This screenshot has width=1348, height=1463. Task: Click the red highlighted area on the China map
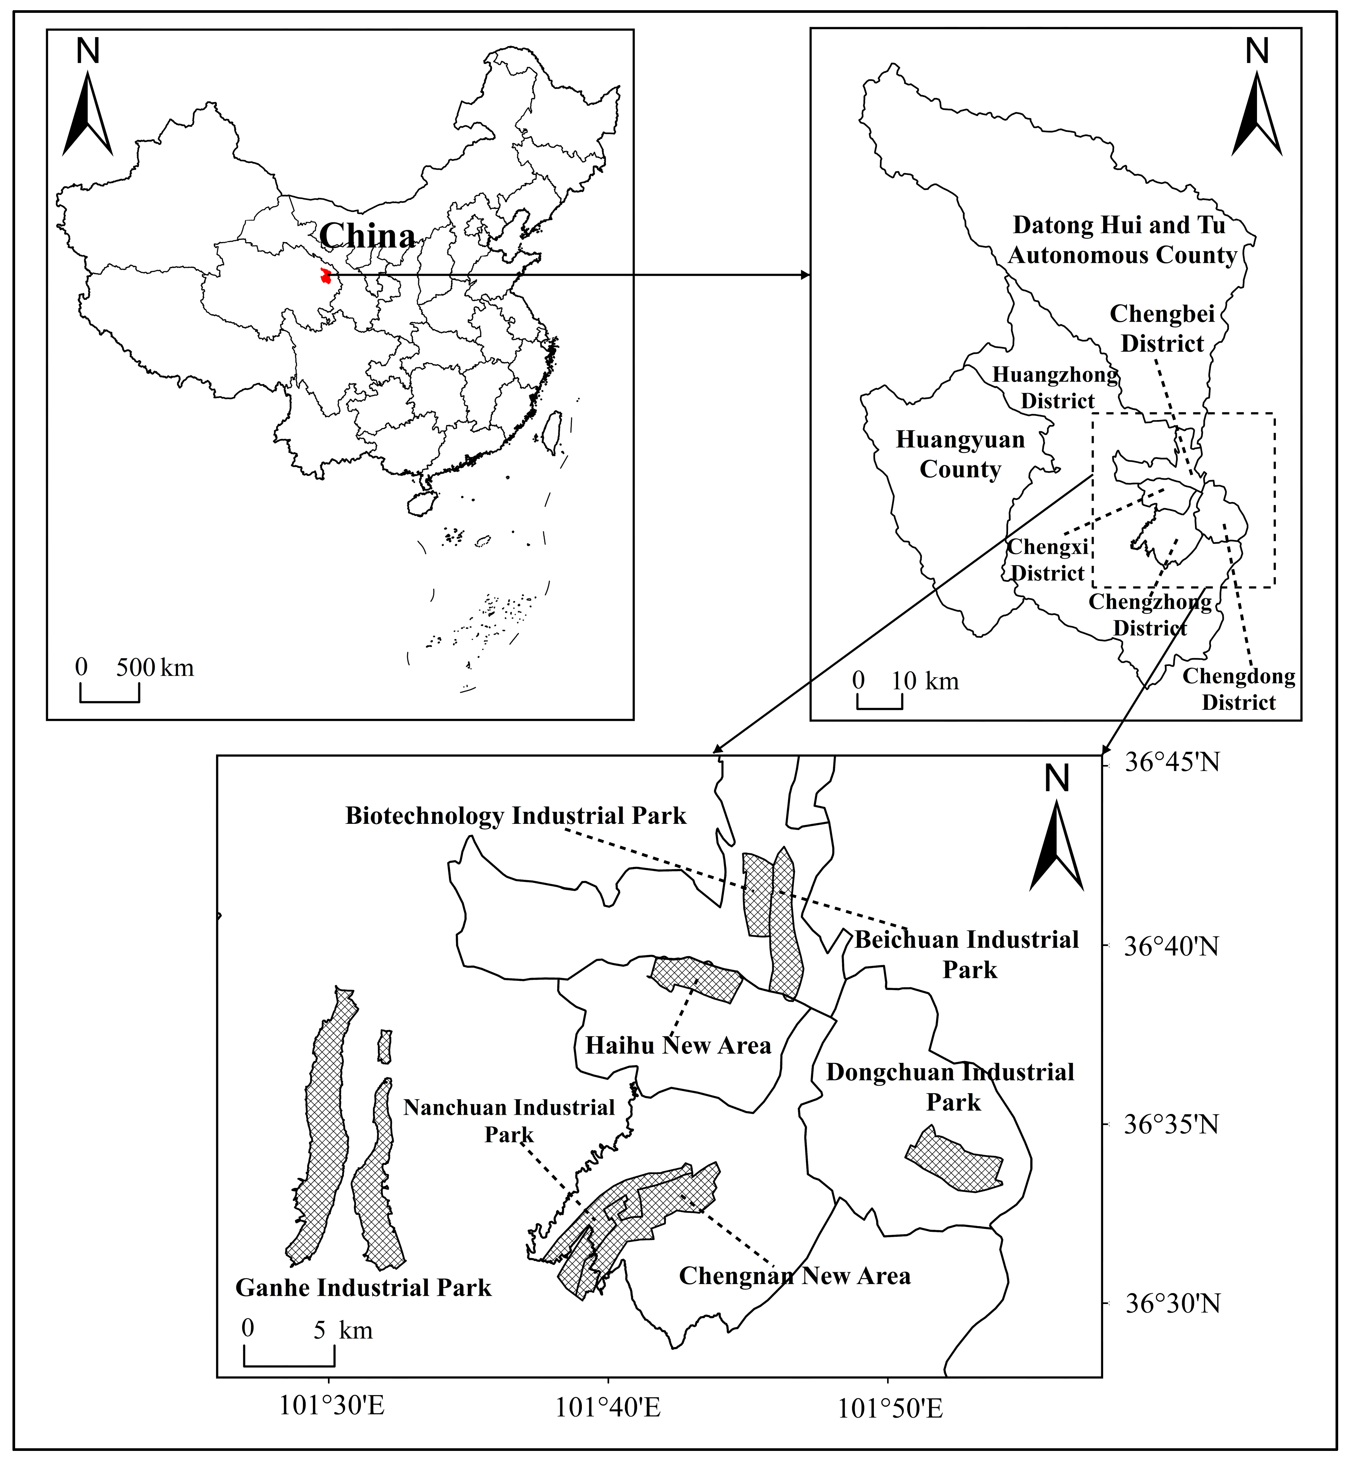click(x=325, y=277)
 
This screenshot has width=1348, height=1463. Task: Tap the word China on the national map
click(x=367, y=236)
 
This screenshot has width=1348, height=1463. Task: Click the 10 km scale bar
click(x=879, y=701)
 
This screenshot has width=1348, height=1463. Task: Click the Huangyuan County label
click(x=960, y=454)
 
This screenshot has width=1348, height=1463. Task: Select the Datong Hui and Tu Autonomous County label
click(x=1122, y=240)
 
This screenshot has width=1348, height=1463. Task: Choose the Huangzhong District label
click(x=1056, y=387)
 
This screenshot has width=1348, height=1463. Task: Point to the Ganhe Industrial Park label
click(x=363, y=1287)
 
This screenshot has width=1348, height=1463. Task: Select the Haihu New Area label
click(x=678, y=1045)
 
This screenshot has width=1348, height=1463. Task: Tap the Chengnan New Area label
click(x=795, y=1276)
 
